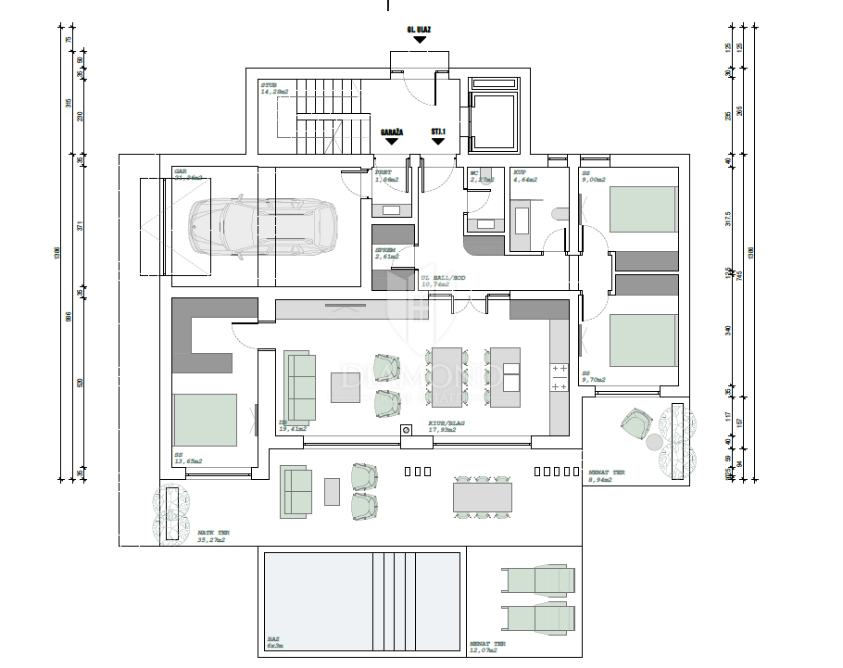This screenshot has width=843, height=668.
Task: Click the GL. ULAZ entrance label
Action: (x=420, y=30)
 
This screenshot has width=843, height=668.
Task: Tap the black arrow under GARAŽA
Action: (x=392, y=141)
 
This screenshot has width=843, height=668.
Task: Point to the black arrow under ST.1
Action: (x=438, y=141)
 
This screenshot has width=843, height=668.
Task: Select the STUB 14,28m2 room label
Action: (x=274, y=89)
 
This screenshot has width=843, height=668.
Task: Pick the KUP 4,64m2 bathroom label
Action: (x=524, y=176)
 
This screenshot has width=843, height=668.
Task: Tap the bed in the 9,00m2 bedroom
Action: (x=643, y=209)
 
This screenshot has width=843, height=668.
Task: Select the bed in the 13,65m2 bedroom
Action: (x=205, y=419)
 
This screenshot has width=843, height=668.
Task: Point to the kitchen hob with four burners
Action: (x=559, y=375)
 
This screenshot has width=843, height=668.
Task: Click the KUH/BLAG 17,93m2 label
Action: (x=446, y=425)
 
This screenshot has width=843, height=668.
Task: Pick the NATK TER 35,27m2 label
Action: (x=214, y=536)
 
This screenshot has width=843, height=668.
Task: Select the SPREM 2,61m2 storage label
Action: (x=386, y=253)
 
